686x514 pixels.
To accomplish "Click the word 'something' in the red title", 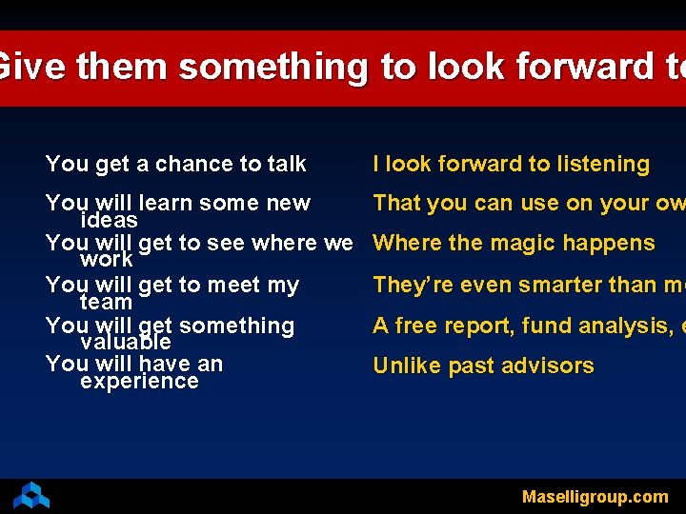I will pyautogui.click(x=272, y=68).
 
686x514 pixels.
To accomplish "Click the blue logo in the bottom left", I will pyautogui.click(x=31, y=495).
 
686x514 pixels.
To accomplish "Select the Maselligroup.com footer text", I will pyautogui.click(x=595, y=496).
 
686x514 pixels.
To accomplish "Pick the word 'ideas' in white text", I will pyautogui.click(x=109, y=220).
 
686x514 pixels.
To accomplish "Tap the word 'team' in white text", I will pyautogui.click(x=106, y=302).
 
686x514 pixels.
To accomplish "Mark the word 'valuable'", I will pyautogui.click(x=125, y=342).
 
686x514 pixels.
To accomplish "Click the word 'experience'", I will pyautogui.click(x=139, y=381).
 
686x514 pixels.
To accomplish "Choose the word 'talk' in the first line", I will pyautogui.click(x=286, y=164).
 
